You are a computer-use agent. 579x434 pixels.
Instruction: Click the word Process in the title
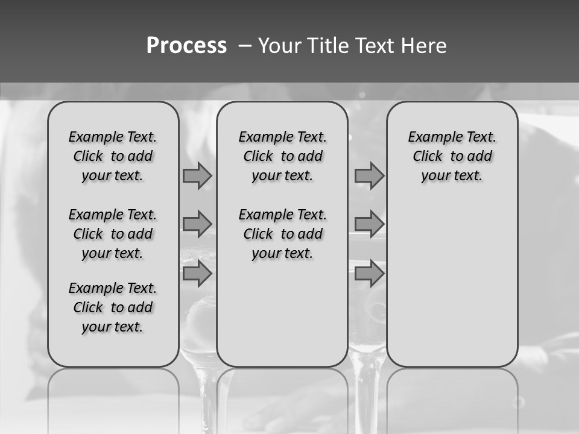[x=186, y=45]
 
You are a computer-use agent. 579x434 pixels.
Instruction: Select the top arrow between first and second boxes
[x=197, y=176]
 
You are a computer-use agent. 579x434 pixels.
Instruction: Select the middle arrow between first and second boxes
[x=197, y=224]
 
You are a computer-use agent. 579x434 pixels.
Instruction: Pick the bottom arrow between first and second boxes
[x=197, y=273]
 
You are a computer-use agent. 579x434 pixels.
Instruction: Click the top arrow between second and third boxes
[x=369, y=176]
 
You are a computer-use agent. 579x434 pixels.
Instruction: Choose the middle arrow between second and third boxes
[x=369, y=224]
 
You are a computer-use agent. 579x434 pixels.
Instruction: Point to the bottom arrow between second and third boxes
[x=369, y=273]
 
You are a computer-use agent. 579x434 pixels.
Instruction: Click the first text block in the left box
[x=113, y=156]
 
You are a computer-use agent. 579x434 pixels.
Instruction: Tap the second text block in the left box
[x=113, y=234]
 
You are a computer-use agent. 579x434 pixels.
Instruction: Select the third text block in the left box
[x=113, y=307]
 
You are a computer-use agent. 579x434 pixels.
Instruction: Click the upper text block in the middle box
[x=282, y=156]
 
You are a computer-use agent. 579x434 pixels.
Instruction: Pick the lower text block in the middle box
[x=282, y=234]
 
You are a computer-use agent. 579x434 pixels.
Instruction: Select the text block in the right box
[x=452, y=156]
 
